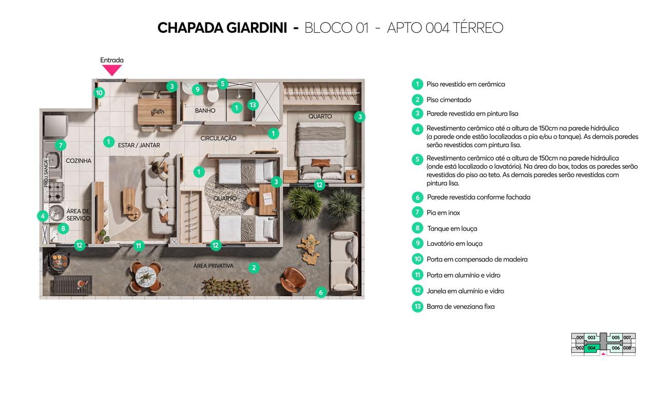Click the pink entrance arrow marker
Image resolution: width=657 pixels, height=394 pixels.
[x=112, y=70]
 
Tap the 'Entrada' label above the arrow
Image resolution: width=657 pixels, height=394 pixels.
[x=112, y=60]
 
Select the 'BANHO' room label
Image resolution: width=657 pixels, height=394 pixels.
[x=205, y=111]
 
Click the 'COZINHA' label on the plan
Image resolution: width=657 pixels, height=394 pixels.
[x=79, y=161]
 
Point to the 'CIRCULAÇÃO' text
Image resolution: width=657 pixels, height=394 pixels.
[x=218, y=139]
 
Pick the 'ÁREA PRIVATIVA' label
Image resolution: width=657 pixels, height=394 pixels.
[x=213, y=266]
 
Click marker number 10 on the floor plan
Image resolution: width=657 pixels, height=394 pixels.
[x=99, y=93]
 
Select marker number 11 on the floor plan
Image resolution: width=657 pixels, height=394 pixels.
[x=138, y=246]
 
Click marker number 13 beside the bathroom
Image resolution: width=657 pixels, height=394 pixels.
[x=253, y=105]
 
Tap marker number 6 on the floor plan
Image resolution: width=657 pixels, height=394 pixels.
[x=321, y=292]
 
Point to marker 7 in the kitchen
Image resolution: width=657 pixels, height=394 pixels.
[x=61, y=145]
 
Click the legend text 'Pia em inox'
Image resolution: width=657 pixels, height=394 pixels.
[x=443, y=212]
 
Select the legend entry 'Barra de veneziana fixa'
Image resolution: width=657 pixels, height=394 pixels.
[x=460, y=307]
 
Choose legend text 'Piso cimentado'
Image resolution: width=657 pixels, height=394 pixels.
[x=449, y=100]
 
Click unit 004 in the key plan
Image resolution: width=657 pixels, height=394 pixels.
[x=591, y=348]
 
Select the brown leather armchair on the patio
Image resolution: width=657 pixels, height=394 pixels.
[x=294, y=279]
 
